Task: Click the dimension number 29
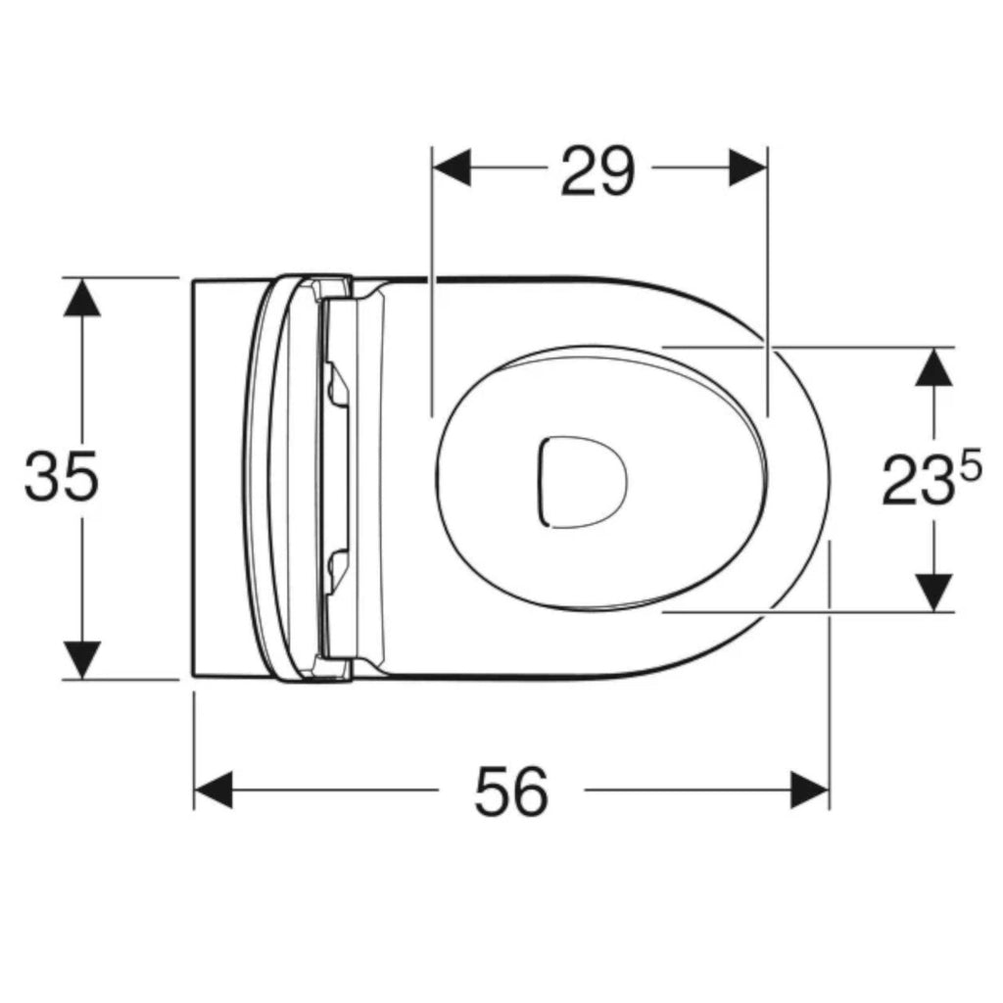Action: pyautogui.click(x=598, y=170)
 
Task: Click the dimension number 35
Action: pyautogui.click(x=61, y=478)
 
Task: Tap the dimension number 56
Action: pyautogui.click(x=510, y=791)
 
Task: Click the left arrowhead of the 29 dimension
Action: pyautogui.click(x=452, y=167)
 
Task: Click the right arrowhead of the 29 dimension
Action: pyautogui.click(x=746, y=167)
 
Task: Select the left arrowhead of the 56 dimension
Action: pyautogui.click(x=214, y=789)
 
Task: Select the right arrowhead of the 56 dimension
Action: pyautogui.click(x=810, y=789)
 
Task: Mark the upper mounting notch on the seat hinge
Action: pyautogui.click(x=336, y=383)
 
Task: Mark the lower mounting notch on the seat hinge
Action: pyautogui.click(x=336, y=563)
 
